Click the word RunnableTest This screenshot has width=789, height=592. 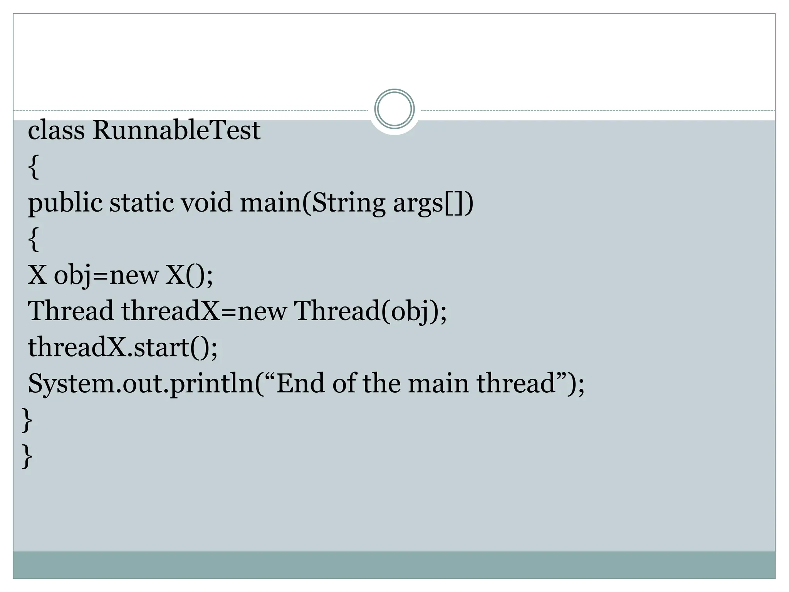(x=176, y=130)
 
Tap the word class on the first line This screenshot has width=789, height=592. (x=56, y=130)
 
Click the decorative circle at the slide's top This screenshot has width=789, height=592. (x=394, y=109)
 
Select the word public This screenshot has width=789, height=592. (x=65, y=203)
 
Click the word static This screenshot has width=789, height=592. (x=142, y=203)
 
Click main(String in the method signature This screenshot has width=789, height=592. (x=312, y=203)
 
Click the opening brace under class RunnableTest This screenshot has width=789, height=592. (x=34, y=166)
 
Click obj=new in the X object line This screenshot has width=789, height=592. (x=106, y=275)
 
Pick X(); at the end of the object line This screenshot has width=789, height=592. (x=189, y=275)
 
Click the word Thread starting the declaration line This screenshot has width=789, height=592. (x=71, y=311)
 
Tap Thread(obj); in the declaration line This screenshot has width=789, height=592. (x=370, y=311)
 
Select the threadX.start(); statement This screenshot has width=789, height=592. (x=123, y=347)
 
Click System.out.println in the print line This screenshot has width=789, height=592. (x=141, y=383)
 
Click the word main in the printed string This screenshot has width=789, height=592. (x=438, y=383)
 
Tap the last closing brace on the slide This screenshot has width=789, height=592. (x=27, y=456)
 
